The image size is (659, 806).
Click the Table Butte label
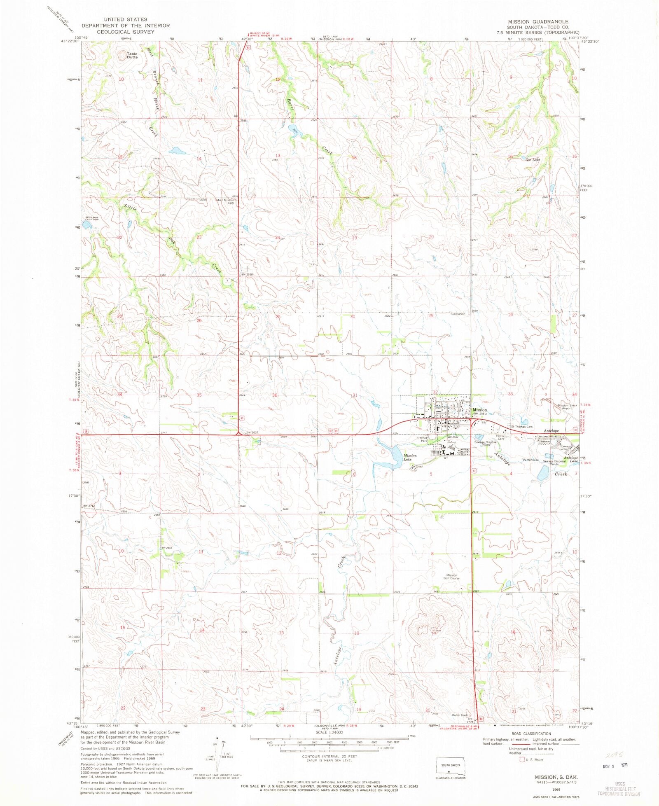132,55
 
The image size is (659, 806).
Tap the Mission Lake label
409,458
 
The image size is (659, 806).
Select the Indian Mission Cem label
225,201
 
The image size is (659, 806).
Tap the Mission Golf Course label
451,577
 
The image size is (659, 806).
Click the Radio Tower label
460,715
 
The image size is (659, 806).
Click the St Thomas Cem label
522,427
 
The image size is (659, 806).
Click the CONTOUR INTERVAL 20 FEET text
329,756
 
